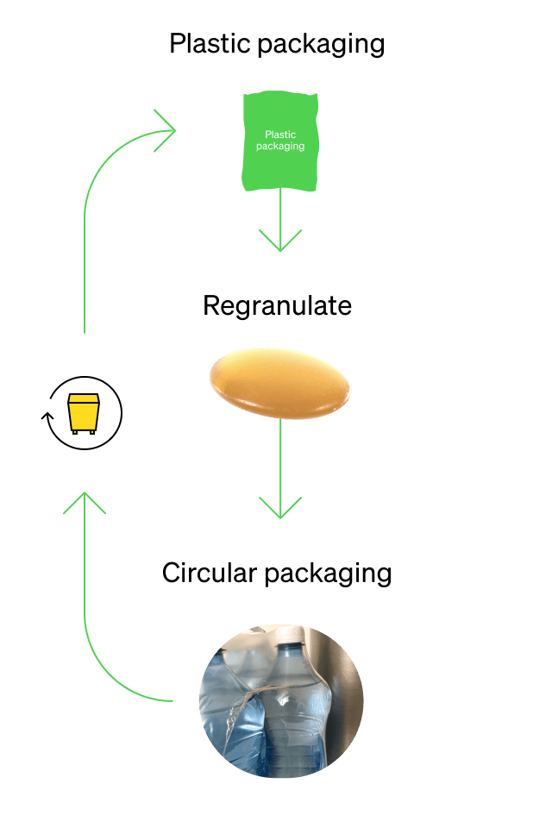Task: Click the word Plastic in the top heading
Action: pyautogui.click(x=210, y=43)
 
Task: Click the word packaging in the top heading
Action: pyautogui.click(x=322, y=46)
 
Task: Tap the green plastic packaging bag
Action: pyautogui.click(x=280, y=141)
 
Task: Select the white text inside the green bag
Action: pyautogui.click(x=280, y=141)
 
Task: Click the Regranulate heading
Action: pyautogui.click(x=277, y=306)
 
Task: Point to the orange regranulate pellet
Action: pyautogui.click(x=279, y=383)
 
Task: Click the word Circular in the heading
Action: pyautogui.click(x=210, y=573)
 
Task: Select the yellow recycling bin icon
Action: pyautogui.click(x=84, y=413)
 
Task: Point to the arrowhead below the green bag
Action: pyautogui.click(x=280, y=241)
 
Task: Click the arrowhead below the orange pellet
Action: pyautogui.click(x=280, y=508)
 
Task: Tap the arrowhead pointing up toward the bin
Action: pyautogui.click(x=85, y=503)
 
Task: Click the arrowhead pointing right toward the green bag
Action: pyautogui.click(x=165, y=131)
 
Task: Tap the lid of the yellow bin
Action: pyautogui.click(x=84, y=398)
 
